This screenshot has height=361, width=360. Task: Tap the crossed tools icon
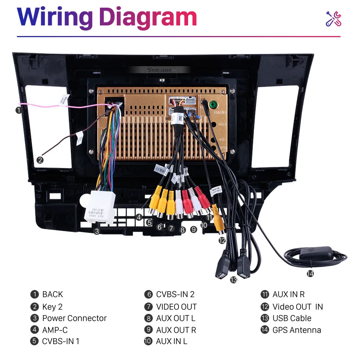[334, 19]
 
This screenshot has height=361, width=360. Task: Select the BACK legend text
[53, 294]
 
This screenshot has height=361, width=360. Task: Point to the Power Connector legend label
[74, 318]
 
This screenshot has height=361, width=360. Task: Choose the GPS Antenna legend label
[296, 330]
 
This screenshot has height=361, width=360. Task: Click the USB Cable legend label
[292, 318]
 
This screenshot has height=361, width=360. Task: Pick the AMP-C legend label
[55, 330]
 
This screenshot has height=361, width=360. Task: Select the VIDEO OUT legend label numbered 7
[176, 307]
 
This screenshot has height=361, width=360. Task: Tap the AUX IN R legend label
[288, 294]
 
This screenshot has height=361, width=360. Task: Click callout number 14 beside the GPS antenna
[310, 274]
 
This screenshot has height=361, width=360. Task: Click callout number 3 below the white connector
[97, 231]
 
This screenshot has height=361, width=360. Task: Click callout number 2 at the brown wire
[40, 160]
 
